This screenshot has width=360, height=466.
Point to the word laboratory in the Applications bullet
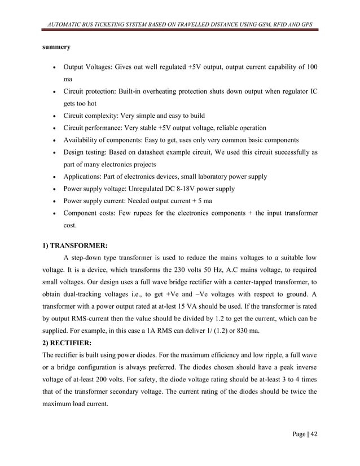pos(206,177)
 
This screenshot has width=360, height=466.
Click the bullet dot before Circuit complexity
pos(52,116)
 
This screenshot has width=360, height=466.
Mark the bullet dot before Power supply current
pos(52,201)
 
